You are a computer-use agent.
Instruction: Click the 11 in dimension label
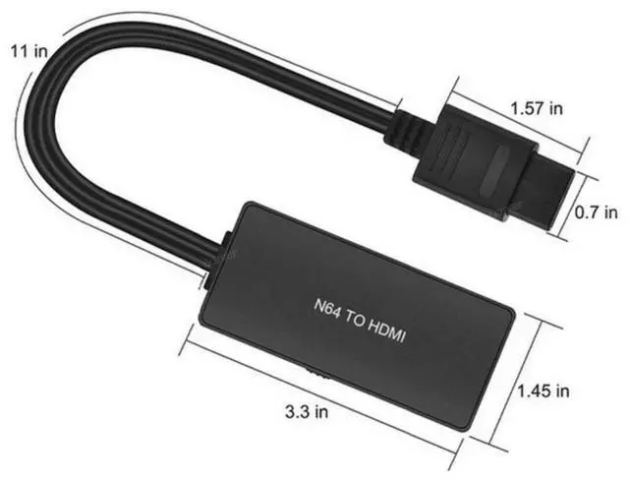click(29, 51)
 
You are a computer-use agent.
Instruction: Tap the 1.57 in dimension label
click(537, 108)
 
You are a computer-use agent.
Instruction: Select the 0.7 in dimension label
click(597, 212)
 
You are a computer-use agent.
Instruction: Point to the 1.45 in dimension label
click(543, 391)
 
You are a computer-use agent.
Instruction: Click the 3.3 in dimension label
click(307, 411)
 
